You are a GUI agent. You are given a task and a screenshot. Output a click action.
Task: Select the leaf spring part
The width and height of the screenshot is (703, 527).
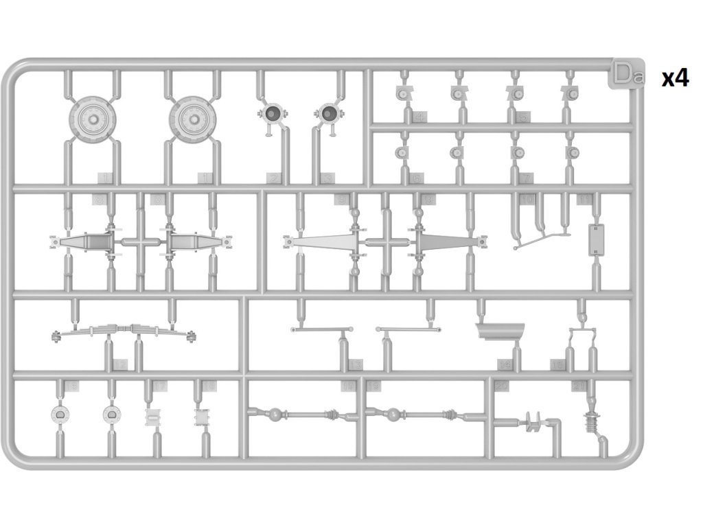pos(124,333)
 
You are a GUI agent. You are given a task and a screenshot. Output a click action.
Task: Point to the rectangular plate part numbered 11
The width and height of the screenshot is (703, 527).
pos(597,239)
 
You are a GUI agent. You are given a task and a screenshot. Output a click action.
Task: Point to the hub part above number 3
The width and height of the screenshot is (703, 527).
pos(330,115)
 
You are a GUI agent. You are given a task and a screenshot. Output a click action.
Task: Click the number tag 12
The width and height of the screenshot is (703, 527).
pos(121,364)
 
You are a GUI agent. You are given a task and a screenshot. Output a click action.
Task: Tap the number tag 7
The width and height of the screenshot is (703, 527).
pos(526,178)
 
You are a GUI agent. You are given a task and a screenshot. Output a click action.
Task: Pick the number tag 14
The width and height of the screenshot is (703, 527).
pos(505,364)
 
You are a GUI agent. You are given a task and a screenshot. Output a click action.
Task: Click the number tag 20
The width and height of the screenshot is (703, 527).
pos(502,387)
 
